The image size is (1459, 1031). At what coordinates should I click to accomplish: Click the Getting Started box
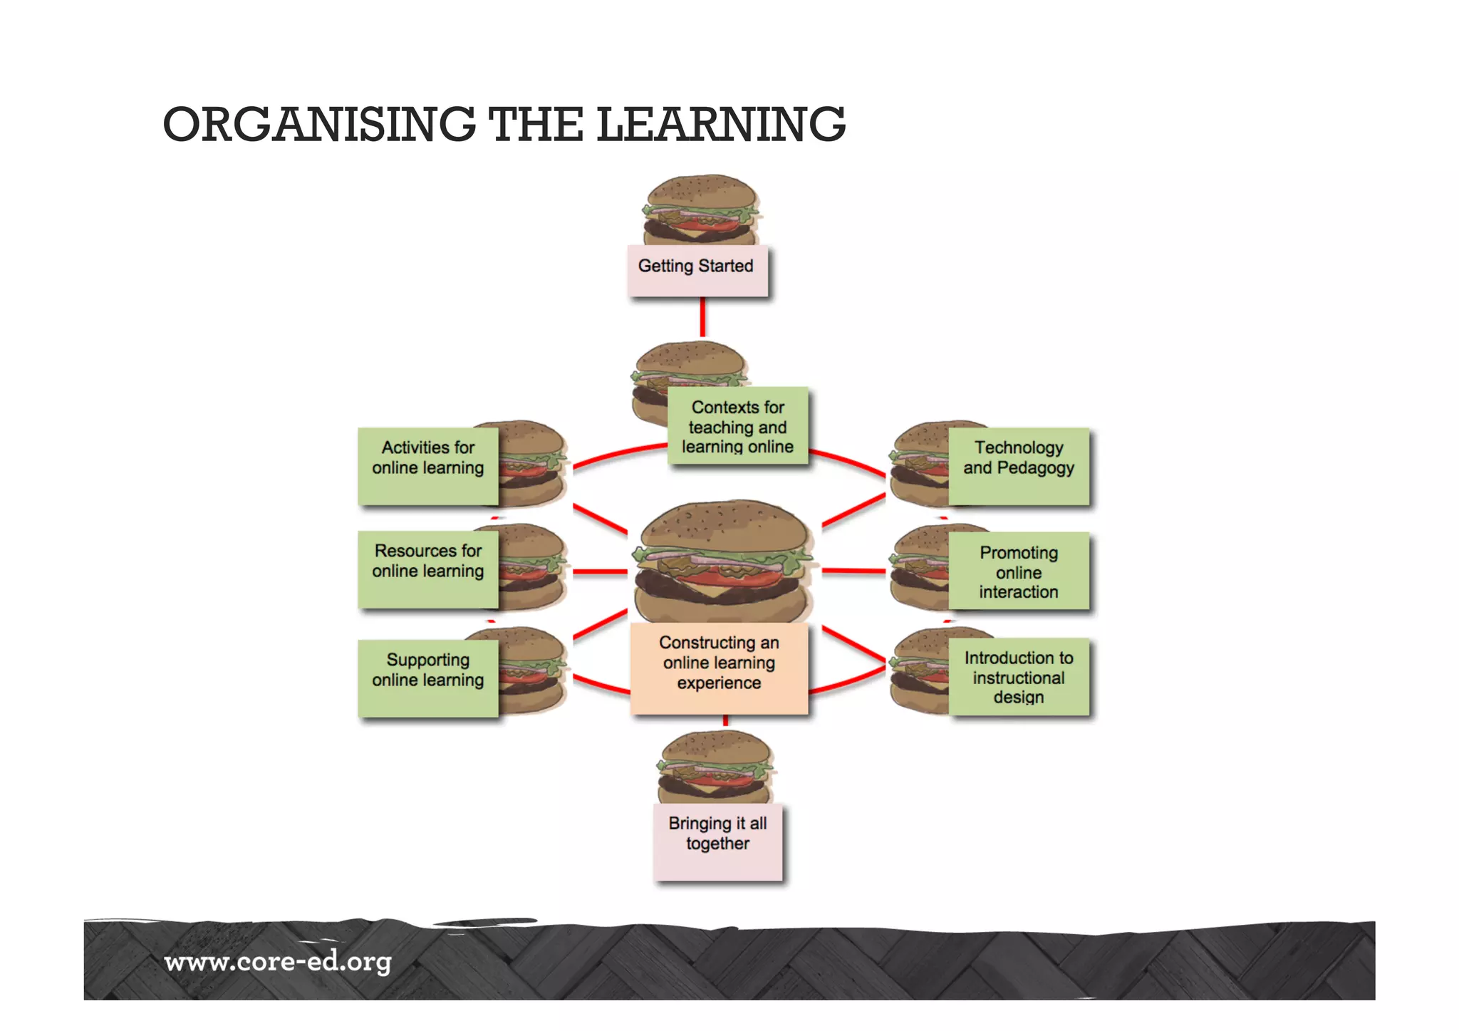coord(697,271)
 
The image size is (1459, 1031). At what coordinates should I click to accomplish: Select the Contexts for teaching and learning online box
coord(737,426)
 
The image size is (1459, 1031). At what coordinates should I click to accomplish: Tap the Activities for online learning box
coord(427,466)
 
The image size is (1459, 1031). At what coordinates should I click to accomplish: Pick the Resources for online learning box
coord(427,569)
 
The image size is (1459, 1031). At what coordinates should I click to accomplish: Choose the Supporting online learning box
coord(427,678)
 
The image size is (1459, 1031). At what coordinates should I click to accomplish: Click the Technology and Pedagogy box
coord(1019,466)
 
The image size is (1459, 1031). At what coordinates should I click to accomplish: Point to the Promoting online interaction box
coord(1019,571)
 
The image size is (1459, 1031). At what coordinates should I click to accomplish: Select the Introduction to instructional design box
coord(1019,676)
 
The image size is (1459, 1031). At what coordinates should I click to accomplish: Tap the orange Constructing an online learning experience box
coord(719,668)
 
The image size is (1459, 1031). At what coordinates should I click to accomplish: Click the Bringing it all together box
coord(717,841)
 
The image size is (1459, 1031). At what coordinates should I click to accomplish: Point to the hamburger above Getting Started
coord(700,209)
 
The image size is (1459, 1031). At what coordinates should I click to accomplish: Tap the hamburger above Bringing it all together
coord(715,767)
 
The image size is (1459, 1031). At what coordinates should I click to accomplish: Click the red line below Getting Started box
coord(702,316)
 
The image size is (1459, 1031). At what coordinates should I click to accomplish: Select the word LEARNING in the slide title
coord(721,124)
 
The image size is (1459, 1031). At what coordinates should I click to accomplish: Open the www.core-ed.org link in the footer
coord(278,962)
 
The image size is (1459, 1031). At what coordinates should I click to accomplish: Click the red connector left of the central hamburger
coord(600,571)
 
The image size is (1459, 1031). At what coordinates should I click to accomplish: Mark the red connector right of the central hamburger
coord(853,571)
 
